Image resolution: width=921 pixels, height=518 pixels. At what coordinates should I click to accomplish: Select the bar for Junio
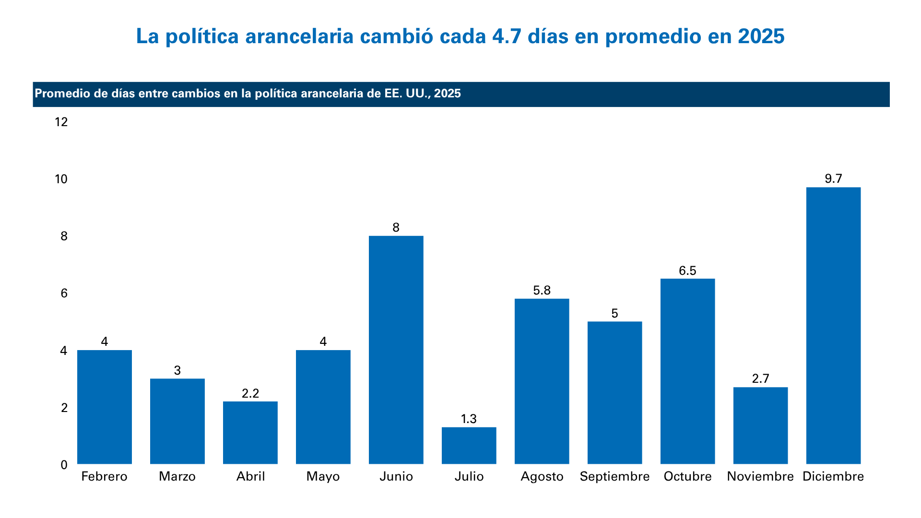tap(396, 350)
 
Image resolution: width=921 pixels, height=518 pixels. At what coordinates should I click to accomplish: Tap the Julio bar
tap(469, 446)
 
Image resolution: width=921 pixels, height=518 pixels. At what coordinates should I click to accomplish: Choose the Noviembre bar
tap(760, 425)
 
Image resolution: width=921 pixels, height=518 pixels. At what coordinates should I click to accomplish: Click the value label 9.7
tap(833, 179)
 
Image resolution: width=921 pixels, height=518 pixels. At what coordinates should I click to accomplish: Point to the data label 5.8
tap(542, 290)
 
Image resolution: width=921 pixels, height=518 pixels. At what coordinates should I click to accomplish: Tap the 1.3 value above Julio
tap(469, 419)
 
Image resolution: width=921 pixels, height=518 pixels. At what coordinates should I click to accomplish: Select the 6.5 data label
tap(687, 271)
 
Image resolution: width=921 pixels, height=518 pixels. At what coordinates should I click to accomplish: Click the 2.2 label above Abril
tap(250, 393)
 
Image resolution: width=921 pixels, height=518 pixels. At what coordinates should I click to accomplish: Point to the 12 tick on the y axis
tap(61, 122)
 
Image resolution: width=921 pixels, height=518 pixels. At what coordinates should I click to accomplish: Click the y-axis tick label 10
tap(61, 179)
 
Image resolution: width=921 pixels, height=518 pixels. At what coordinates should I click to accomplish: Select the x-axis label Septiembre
tap(614, 476)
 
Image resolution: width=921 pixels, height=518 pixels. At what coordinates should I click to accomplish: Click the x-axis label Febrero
tap(104, 476)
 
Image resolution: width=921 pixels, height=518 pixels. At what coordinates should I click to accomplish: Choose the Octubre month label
tap(687, 476)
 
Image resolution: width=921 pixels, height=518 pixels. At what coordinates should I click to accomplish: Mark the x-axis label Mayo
tap(323, 476)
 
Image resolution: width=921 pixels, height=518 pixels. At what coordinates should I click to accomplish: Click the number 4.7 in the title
tap(507, 36)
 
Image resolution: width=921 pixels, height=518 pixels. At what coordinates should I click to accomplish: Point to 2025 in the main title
tap(761, 36)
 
